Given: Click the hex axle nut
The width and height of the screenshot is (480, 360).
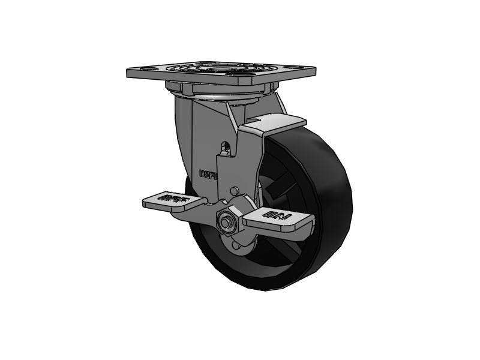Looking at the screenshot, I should coord(229,221).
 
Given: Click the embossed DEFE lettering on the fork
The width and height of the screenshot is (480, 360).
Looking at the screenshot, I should coord(209,173).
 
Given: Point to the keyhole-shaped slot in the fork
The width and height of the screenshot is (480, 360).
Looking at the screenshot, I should coord(226,148).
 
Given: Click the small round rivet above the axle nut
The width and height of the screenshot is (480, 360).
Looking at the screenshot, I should coord(235,191).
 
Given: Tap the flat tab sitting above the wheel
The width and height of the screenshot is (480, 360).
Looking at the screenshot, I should coord(273,124).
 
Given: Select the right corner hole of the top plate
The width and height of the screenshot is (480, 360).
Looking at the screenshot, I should coord(299,68).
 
